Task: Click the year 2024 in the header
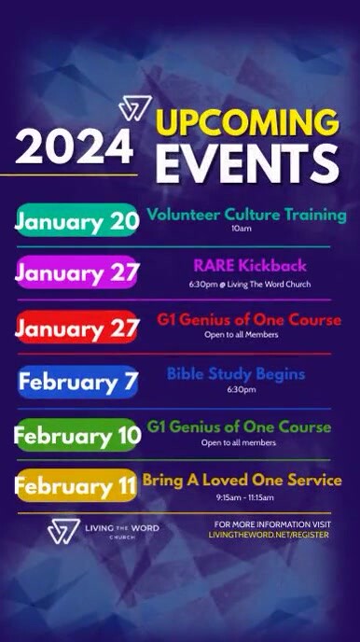75,147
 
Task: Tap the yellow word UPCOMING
246,123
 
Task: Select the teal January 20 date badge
76,221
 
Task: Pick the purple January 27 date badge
76,273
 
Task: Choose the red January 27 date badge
76,328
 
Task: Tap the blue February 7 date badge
77,381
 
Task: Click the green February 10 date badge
76,435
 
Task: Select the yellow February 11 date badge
76,486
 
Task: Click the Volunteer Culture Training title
246,215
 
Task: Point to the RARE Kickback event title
248,266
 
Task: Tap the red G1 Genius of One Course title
248,320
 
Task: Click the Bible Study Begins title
236,374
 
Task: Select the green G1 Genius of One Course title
239,426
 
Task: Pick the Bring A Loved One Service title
242,481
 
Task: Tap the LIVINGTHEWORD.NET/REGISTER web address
269,536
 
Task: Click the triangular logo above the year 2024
134,108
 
